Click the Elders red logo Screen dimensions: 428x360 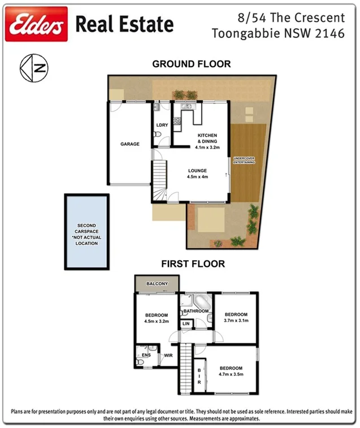pos(36,24)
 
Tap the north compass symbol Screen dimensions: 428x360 pos(33,68)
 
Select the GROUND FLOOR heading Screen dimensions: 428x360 pos(191,64)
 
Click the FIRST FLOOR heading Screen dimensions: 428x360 pos(193,263)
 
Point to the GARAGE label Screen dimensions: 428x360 pos(129,144)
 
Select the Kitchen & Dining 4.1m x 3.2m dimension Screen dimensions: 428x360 pos(206,147)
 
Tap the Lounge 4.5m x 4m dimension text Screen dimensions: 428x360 pos(198,176)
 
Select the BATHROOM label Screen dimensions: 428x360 pos(195,311)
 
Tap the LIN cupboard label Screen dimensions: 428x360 pos(186,323)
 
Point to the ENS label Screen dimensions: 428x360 pos(146,355)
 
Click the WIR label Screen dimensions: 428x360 pos(168,356)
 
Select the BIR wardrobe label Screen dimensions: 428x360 pos(199,377)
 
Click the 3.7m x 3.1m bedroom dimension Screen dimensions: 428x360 pos(236,321)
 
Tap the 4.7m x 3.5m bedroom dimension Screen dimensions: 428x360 pos(231,374)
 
